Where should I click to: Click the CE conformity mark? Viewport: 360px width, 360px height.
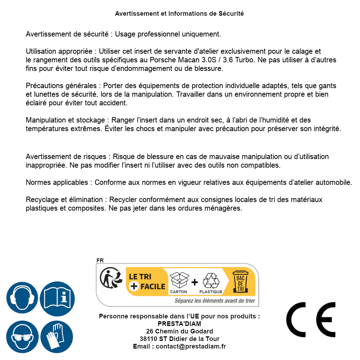point(311,320)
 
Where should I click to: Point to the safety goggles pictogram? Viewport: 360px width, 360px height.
point(22,337)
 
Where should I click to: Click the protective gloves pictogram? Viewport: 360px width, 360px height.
point(57,337)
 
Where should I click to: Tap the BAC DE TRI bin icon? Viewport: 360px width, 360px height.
point(240,282)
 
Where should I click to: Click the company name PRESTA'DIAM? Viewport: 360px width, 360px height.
point(179,324)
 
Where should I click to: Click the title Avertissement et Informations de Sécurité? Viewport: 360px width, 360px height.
point(179,14)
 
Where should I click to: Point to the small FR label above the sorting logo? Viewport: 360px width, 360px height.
point(100,261)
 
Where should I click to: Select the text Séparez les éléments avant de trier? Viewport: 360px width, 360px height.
point(214,301)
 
